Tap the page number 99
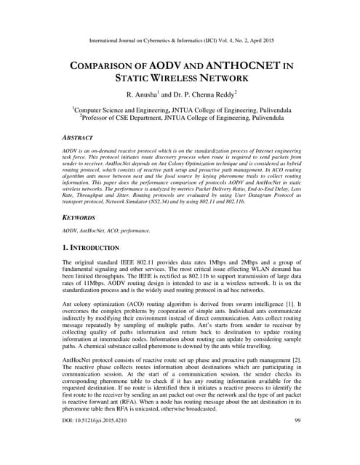click(x=297, y=441)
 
